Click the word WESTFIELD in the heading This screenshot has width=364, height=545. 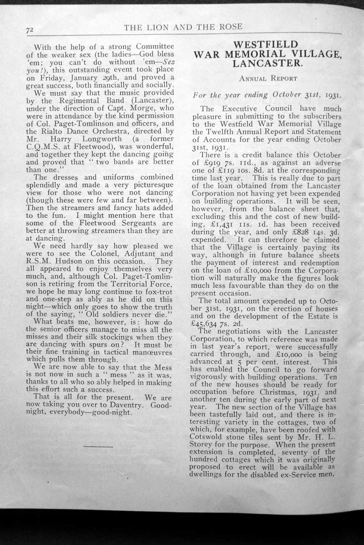(x=265, y=44)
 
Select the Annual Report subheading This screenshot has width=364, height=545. (x=268, y=79)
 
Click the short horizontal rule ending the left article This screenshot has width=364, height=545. (x=98, y=446)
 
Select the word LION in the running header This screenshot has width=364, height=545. (x=154, y=27)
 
